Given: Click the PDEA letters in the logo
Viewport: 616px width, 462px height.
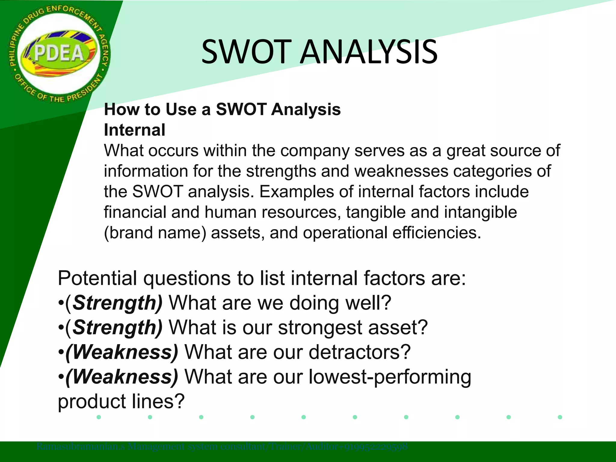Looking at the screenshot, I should click(59, 54).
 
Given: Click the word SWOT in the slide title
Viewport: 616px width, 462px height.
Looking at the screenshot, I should click(247, 52).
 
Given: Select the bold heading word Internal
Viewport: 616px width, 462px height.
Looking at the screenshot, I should click(134, 130).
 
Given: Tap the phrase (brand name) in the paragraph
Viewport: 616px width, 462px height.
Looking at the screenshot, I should click(155, 233).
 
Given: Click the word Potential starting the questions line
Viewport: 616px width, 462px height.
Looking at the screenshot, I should click(97, 278).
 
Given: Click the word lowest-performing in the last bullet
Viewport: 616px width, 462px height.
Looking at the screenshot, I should click(390, 377).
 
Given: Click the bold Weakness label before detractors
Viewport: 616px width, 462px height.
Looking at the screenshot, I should click(122, 352).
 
